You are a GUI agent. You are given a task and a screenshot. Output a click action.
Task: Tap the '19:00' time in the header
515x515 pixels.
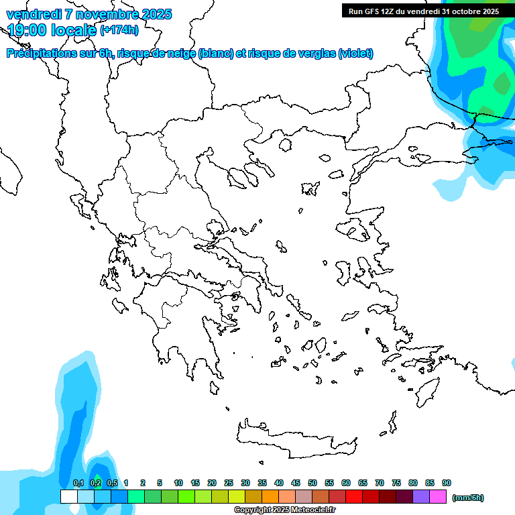point(26,30)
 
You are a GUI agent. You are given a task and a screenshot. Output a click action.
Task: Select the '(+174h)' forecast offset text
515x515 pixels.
point(119,30)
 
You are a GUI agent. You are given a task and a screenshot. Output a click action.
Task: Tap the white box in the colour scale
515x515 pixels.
point(68,497)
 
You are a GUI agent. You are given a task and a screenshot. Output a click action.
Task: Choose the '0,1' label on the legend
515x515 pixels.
point(78,483)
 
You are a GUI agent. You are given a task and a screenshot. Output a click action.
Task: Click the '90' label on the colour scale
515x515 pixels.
point(447,483)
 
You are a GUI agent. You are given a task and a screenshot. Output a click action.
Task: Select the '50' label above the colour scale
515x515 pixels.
point(312,483)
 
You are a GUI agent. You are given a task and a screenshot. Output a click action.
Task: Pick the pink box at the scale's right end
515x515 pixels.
point(438,497)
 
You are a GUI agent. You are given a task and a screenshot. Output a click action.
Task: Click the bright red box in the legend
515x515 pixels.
point(354,497)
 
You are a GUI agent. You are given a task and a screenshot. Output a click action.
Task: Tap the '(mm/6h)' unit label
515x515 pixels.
point(467,498)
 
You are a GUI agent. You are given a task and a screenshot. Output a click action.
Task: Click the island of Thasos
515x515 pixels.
point(285,145)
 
